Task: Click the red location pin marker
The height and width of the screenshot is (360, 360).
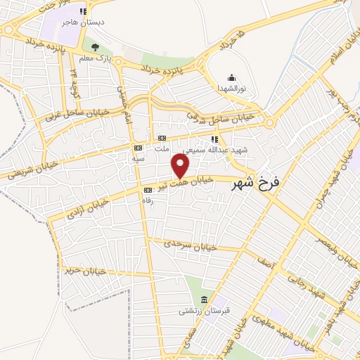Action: coord(181,166)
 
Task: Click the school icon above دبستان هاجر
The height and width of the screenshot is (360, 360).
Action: coord(84,11)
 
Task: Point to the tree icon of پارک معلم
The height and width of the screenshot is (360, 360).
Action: coord(95,47)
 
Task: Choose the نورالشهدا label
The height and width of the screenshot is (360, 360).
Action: coord(231,88)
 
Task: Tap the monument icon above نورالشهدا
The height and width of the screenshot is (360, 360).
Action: coord(231,77)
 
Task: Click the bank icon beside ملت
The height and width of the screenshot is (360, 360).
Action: coord(162,138)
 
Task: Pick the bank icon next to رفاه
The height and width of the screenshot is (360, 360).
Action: coord(147,190)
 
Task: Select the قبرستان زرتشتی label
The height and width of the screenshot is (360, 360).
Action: coord(202,310)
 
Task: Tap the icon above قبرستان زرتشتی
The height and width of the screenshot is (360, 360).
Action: coord(203,300)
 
